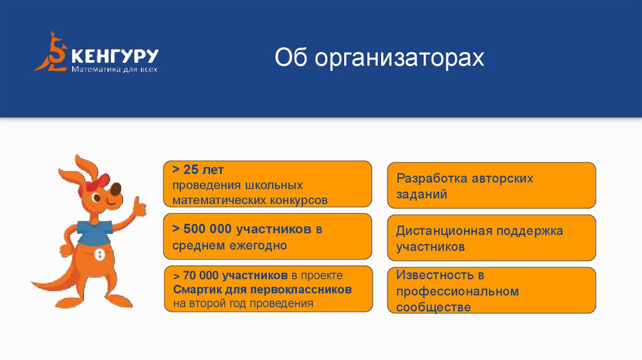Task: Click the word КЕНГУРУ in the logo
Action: pyautogui.click(x=114, y=55)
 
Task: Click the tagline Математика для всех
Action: pyautogui.click(x=114, y=69)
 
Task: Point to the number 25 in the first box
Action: pyautogui.click(x=191, y=171)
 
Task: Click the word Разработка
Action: pyautogui.click(x=430, y=178)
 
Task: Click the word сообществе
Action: pyautogui.click(x=433, y=307)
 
